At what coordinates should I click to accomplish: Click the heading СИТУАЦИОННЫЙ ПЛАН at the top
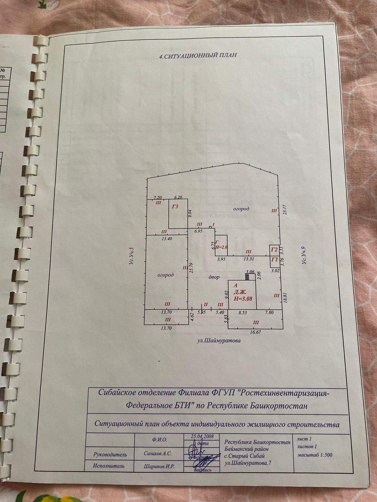coord(198,56)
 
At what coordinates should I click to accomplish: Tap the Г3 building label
coord(175,207)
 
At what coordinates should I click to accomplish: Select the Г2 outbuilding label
coord(274,250)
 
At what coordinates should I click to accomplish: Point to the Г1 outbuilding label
coord(274,259)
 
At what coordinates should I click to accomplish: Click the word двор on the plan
coord(214,277)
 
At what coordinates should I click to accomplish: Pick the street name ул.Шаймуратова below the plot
coord(219,340)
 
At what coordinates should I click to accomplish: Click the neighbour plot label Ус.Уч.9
coord(304,257)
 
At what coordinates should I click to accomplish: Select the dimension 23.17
coord(285,211)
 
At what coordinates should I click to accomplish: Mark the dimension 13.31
coord(249,259)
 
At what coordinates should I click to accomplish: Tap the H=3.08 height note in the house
coord(243,299)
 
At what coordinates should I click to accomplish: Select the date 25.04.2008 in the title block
coord(202,436)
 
